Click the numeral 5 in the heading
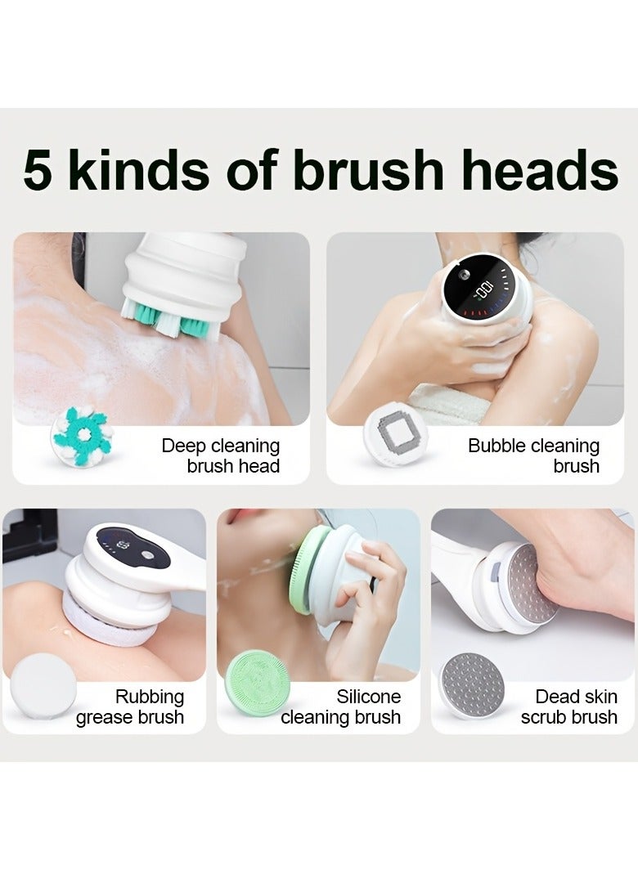click(39, 171)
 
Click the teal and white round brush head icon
click(79, 436)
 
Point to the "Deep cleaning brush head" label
click(221, 456)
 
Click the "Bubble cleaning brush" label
click(533, 456)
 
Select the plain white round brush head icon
click(43, 686)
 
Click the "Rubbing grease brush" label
click(130, 707)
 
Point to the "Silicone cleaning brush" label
click(341, 707)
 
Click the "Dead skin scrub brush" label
click(569, 707)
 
